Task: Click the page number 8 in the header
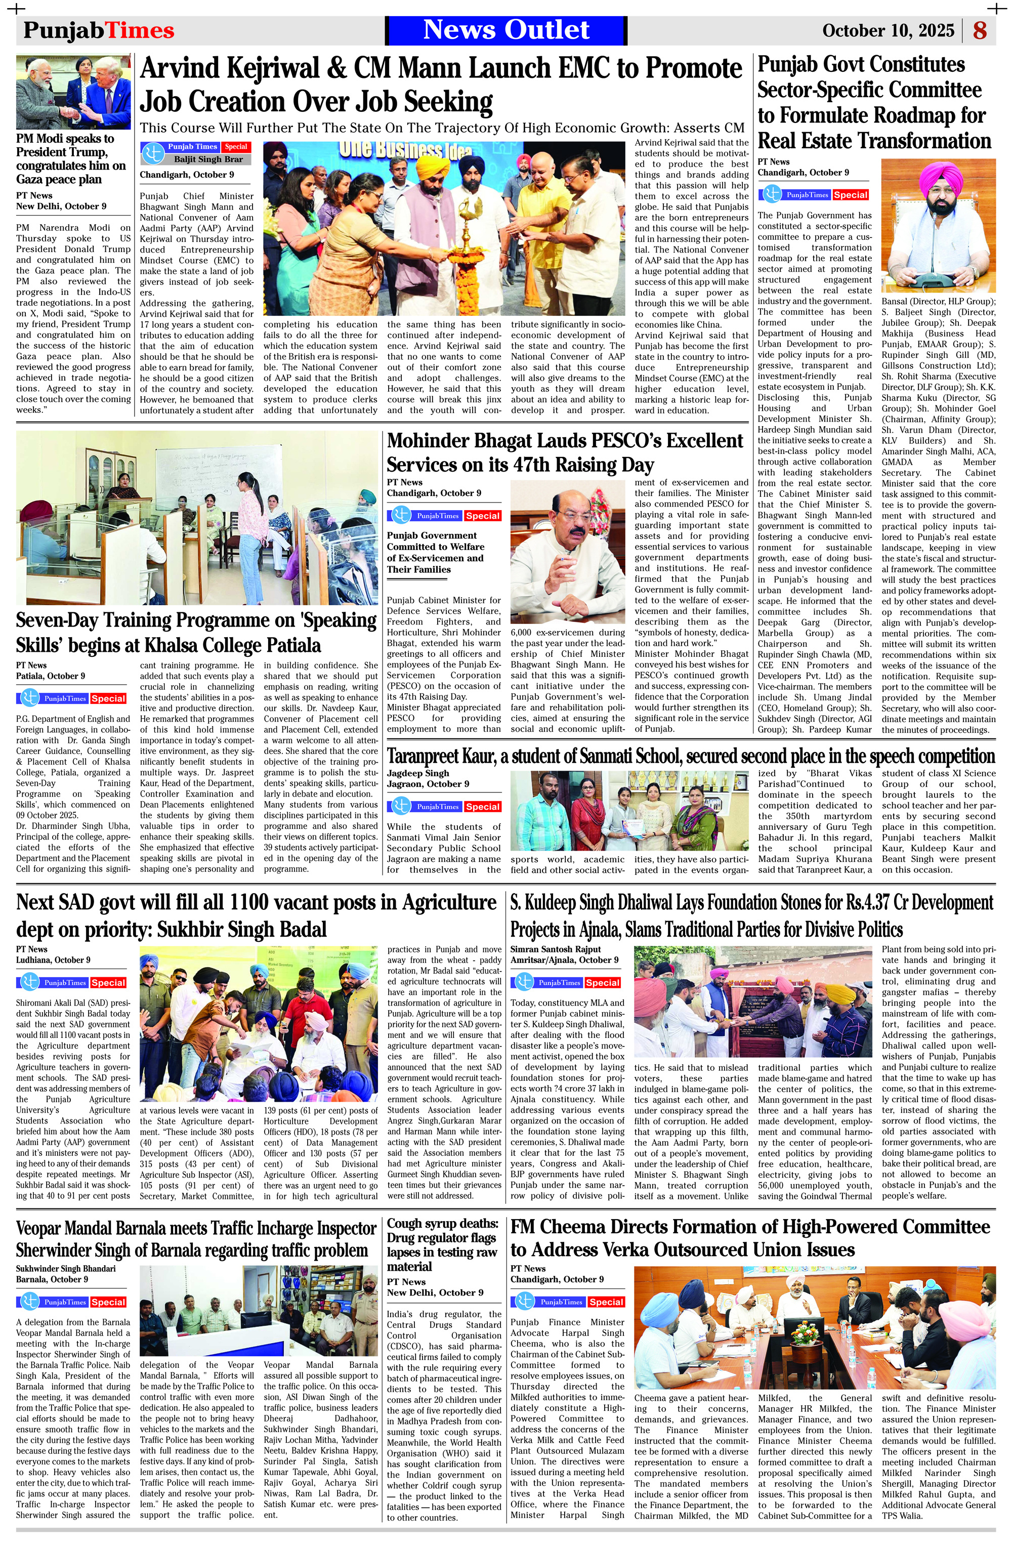[980, 30]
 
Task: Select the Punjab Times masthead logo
[99, 30]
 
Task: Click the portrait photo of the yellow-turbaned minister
[938, 225]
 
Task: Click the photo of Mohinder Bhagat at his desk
[568, 552]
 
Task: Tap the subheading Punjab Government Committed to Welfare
[435, 552]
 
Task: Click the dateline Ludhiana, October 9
[53, 959]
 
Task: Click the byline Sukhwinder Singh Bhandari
[66, 1268]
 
